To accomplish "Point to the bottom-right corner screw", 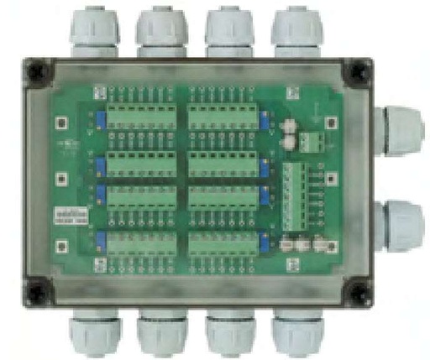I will coord(360,291).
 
